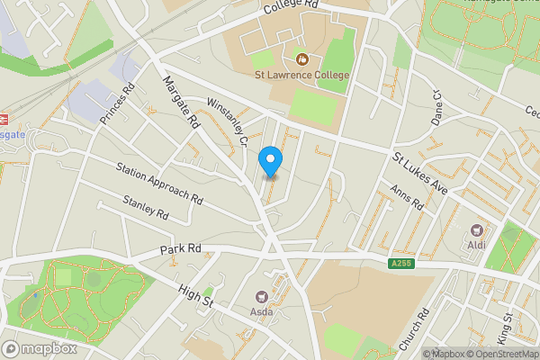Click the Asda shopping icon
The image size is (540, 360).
pyautogui.click(x=262, y=296)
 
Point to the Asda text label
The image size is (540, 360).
pyautogui.click(x=262, y=313)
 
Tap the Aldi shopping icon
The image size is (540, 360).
pyautogui.click(x=476, y=229)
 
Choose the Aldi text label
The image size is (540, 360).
pyautogui.click(x=476, y=246)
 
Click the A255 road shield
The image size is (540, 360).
pyautogui.click(x=401, y=263)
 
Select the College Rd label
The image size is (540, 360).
pyautogui.click(x=292, y=7)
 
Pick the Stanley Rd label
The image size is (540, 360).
pyautogui.click(x=146, y=210)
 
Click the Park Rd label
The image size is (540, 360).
pyautogui.click(x=181, y=249)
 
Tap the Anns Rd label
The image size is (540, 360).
pyautogui.click(x=406, y=198)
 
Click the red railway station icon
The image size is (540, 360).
pyautogui.click(x=3, y=118)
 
